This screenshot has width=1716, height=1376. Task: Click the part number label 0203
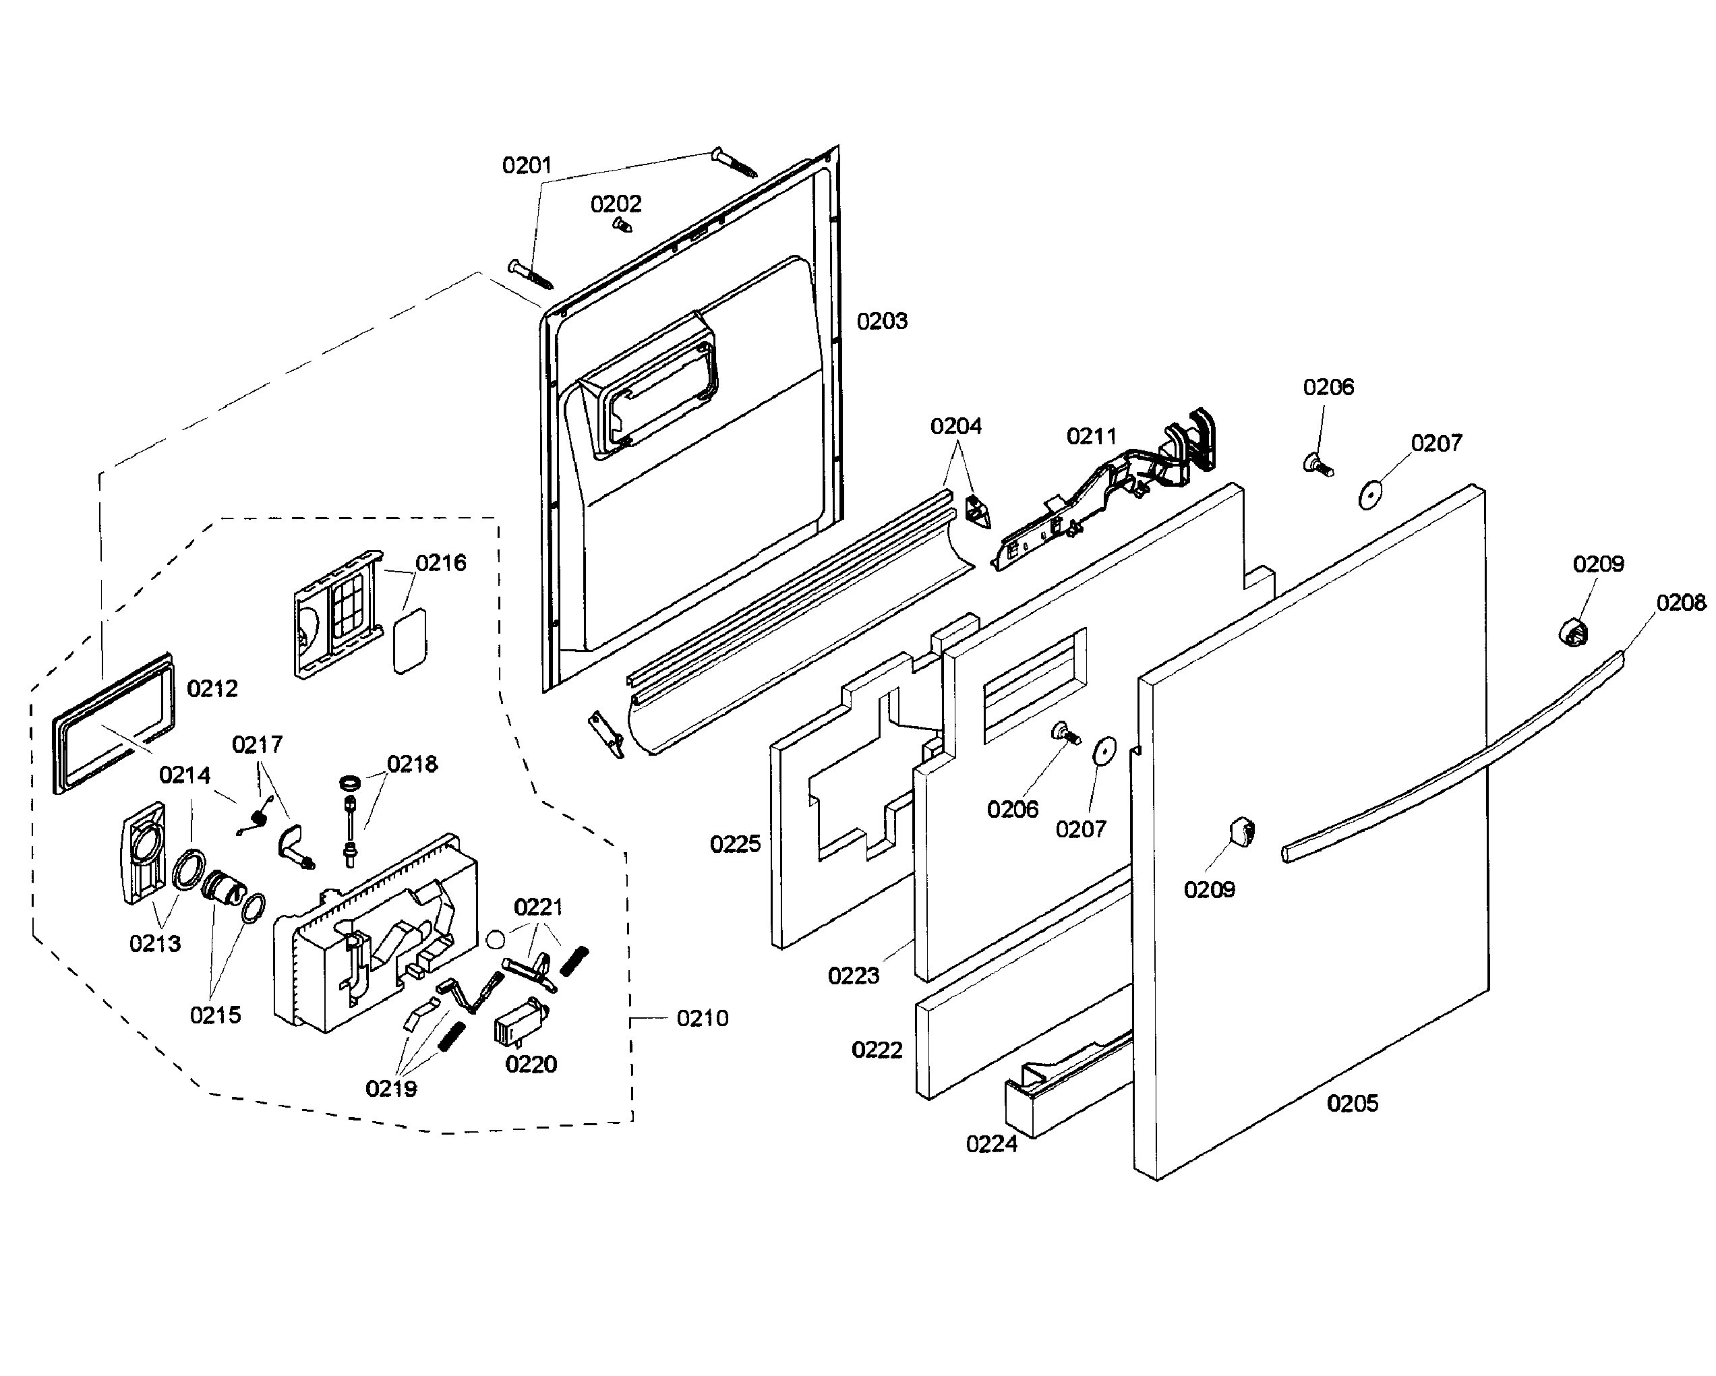881,322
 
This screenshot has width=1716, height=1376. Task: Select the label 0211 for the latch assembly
1091,436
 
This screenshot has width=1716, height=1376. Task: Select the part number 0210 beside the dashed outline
702,1018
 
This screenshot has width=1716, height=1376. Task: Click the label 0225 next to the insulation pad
735,843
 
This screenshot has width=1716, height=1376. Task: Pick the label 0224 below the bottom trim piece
991,1143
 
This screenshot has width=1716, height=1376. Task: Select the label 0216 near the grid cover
441,563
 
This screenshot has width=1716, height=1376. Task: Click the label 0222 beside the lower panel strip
877,1050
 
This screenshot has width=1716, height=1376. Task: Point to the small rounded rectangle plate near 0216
410,641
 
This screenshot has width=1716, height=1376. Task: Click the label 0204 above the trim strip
956,427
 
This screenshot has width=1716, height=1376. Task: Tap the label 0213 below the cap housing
155,943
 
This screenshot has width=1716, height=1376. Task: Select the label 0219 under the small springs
391,1088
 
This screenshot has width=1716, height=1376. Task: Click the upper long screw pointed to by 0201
734,163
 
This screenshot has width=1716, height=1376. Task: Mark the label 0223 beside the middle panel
853,976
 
